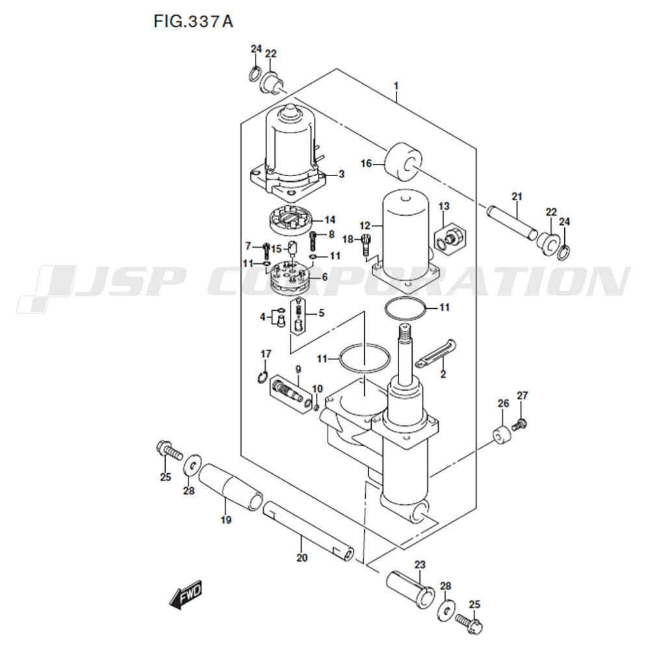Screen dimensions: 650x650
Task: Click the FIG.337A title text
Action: click(193, 21)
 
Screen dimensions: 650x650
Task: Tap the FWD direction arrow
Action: click(186, 594)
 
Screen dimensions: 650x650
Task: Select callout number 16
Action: click(367, 164)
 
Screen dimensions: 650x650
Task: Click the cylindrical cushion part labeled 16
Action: click(404, 162)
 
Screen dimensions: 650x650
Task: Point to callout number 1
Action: click(396, 86)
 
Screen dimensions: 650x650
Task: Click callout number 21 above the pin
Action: click(517, 196)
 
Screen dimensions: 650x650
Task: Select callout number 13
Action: click(444, 206)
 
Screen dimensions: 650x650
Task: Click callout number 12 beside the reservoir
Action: click(365, 226)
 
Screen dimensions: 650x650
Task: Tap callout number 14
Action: click(330, 220)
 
